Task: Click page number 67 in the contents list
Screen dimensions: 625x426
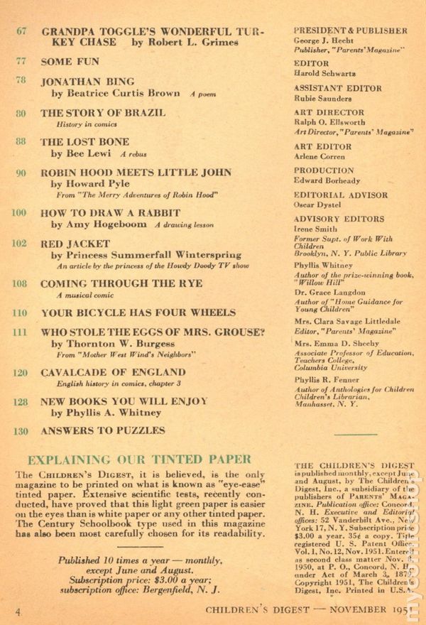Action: coord(21,31)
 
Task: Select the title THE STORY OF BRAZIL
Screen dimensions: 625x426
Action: coord(103,112)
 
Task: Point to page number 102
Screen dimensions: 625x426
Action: coord(20,243)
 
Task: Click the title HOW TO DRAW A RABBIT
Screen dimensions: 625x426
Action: coord(110,212)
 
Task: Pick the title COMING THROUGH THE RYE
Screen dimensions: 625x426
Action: coord(121,283)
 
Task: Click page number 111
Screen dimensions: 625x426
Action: coord(20,332)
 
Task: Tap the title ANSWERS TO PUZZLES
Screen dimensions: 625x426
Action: coord(103,430)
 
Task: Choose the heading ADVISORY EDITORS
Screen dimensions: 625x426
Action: coord(339,219)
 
